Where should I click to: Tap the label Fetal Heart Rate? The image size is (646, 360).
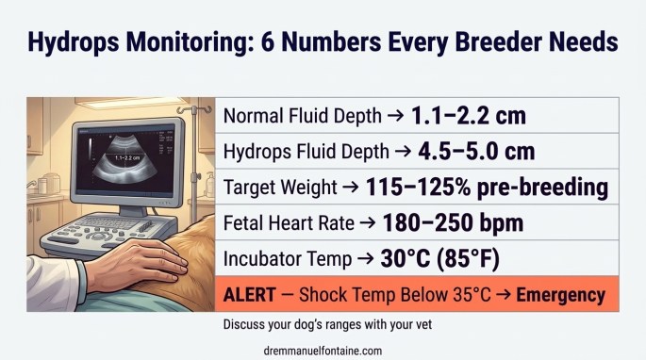click(286, 223)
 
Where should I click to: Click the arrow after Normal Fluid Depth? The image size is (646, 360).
click(396, 116)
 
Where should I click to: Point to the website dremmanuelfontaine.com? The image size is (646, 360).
click(324, 350)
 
